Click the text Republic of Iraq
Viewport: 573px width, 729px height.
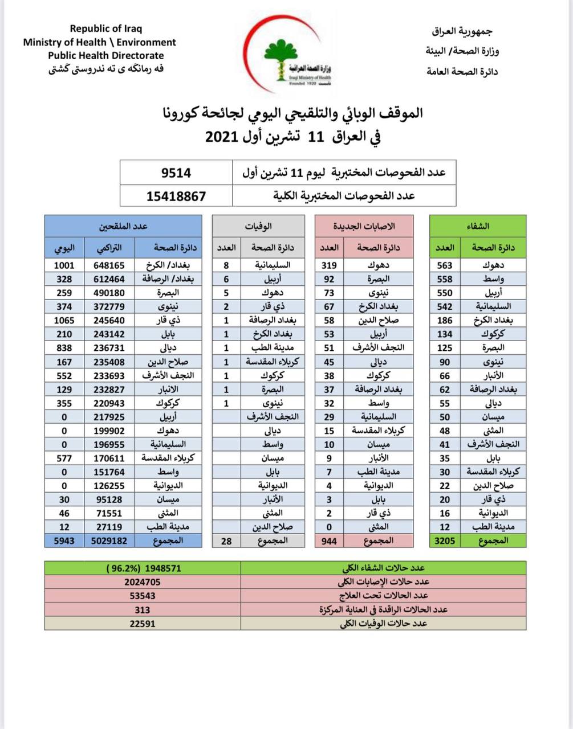(106, 28)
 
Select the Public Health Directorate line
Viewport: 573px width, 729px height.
(106, 56)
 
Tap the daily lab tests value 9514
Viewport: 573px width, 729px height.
(176, 173)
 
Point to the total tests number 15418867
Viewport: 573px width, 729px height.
(176, 196)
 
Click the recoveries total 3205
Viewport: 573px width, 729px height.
(445, 540)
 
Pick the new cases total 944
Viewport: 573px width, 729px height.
(330, 540)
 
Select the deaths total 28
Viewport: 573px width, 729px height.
(226, 540)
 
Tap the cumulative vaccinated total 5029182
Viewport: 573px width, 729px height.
(109, 540)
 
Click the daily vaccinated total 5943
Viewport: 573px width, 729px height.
(64, 540)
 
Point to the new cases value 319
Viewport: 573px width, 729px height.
(329, 265)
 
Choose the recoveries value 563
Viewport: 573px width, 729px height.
(445, 265)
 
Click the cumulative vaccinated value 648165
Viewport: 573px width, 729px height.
(109, 265)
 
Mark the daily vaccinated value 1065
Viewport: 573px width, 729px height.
(64, 320)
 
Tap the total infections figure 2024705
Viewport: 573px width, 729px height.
(143, 581)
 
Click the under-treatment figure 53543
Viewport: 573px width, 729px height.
(143, 596)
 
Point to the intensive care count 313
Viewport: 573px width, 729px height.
(143, 609)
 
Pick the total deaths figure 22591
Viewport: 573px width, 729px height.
(143, 623)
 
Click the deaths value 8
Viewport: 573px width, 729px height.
(226, 265)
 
